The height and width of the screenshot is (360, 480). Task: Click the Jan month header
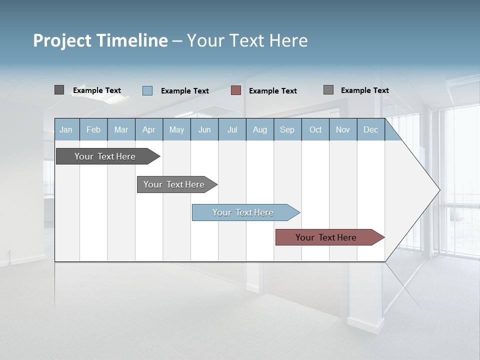pos(66,129)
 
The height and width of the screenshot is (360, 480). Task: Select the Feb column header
pos(93,129)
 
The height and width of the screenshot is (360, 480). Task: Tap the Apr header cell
pos(149,129)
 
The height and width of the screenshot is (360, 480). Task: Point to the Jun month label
pos(204,129)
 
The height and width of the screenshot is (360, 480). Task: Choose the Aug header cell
pos(260,129)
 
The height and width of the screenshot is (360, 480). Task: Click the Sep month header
pos(287,129)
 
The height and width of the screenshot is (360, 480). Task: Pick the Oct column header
pos(315,129)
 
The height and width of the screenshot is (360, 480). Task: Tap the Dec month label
pos(371,129)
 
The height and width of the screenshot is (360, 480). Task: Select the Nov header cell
pos(343,129)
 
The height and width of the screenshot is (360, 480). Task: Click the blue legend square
pos(147,90)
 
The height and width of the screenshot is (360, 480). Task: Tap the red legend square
pos(236,90)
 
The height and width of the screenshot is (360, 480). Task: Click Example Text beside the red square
pos(273,91)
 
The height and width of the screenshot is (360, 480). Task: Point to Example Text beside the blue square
pos(185,91)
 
